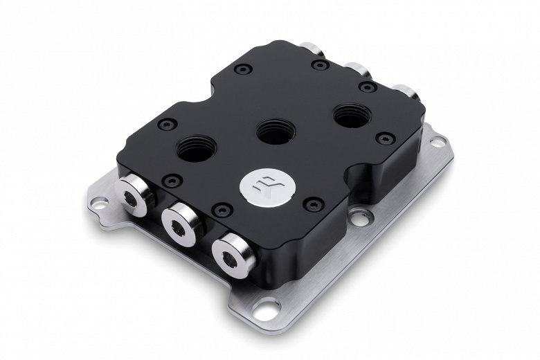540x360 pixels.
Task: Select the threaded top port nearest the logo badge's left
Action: (196, 149)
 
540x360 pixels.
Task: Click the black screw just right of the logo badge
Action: (314, 204)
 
